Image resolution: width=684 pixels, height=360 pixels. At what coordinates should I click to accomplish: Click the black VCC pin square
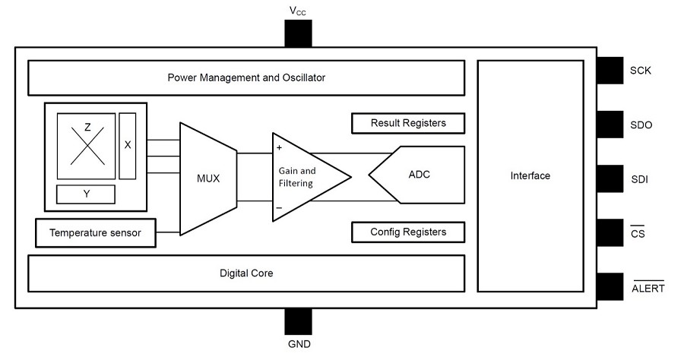(298, 33)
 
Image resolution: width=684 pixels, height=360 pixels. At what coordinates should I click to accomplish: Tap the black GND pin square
(298, 321)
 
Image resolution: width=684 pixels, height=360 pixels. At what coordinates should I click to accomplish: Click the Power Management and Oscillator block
(245, 77)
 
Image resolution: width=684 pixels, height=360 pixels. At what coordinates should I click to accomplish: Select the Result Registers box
(408, 123)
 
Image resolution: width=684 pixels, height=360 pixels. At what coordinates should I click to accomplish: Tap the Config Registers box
(408, 232)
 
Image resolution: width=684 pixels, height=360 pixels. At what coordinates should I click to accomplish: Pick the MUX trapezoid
(207, 178)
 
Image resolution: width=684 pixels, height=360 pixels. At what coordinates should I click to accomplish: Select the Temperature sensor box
(96, 232)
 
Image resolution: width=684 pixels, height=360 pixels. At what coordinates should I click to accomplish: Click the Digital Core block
(245, 273)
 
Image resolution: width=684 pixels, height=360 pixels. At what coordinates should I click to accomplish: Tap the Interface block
(530, 176)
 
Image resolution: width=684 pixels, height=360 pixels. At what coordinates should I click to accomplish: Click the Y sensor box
(86, 194)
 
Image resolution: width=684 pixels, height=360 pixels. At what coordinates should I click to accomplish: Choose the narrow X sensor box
(128, 145)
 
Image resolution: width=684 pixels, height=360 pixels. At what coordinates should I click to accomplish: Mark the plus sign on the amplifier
(280, 147)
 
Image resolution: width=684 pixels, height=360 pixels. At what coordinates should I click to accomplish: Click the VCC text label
(298, 11)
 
